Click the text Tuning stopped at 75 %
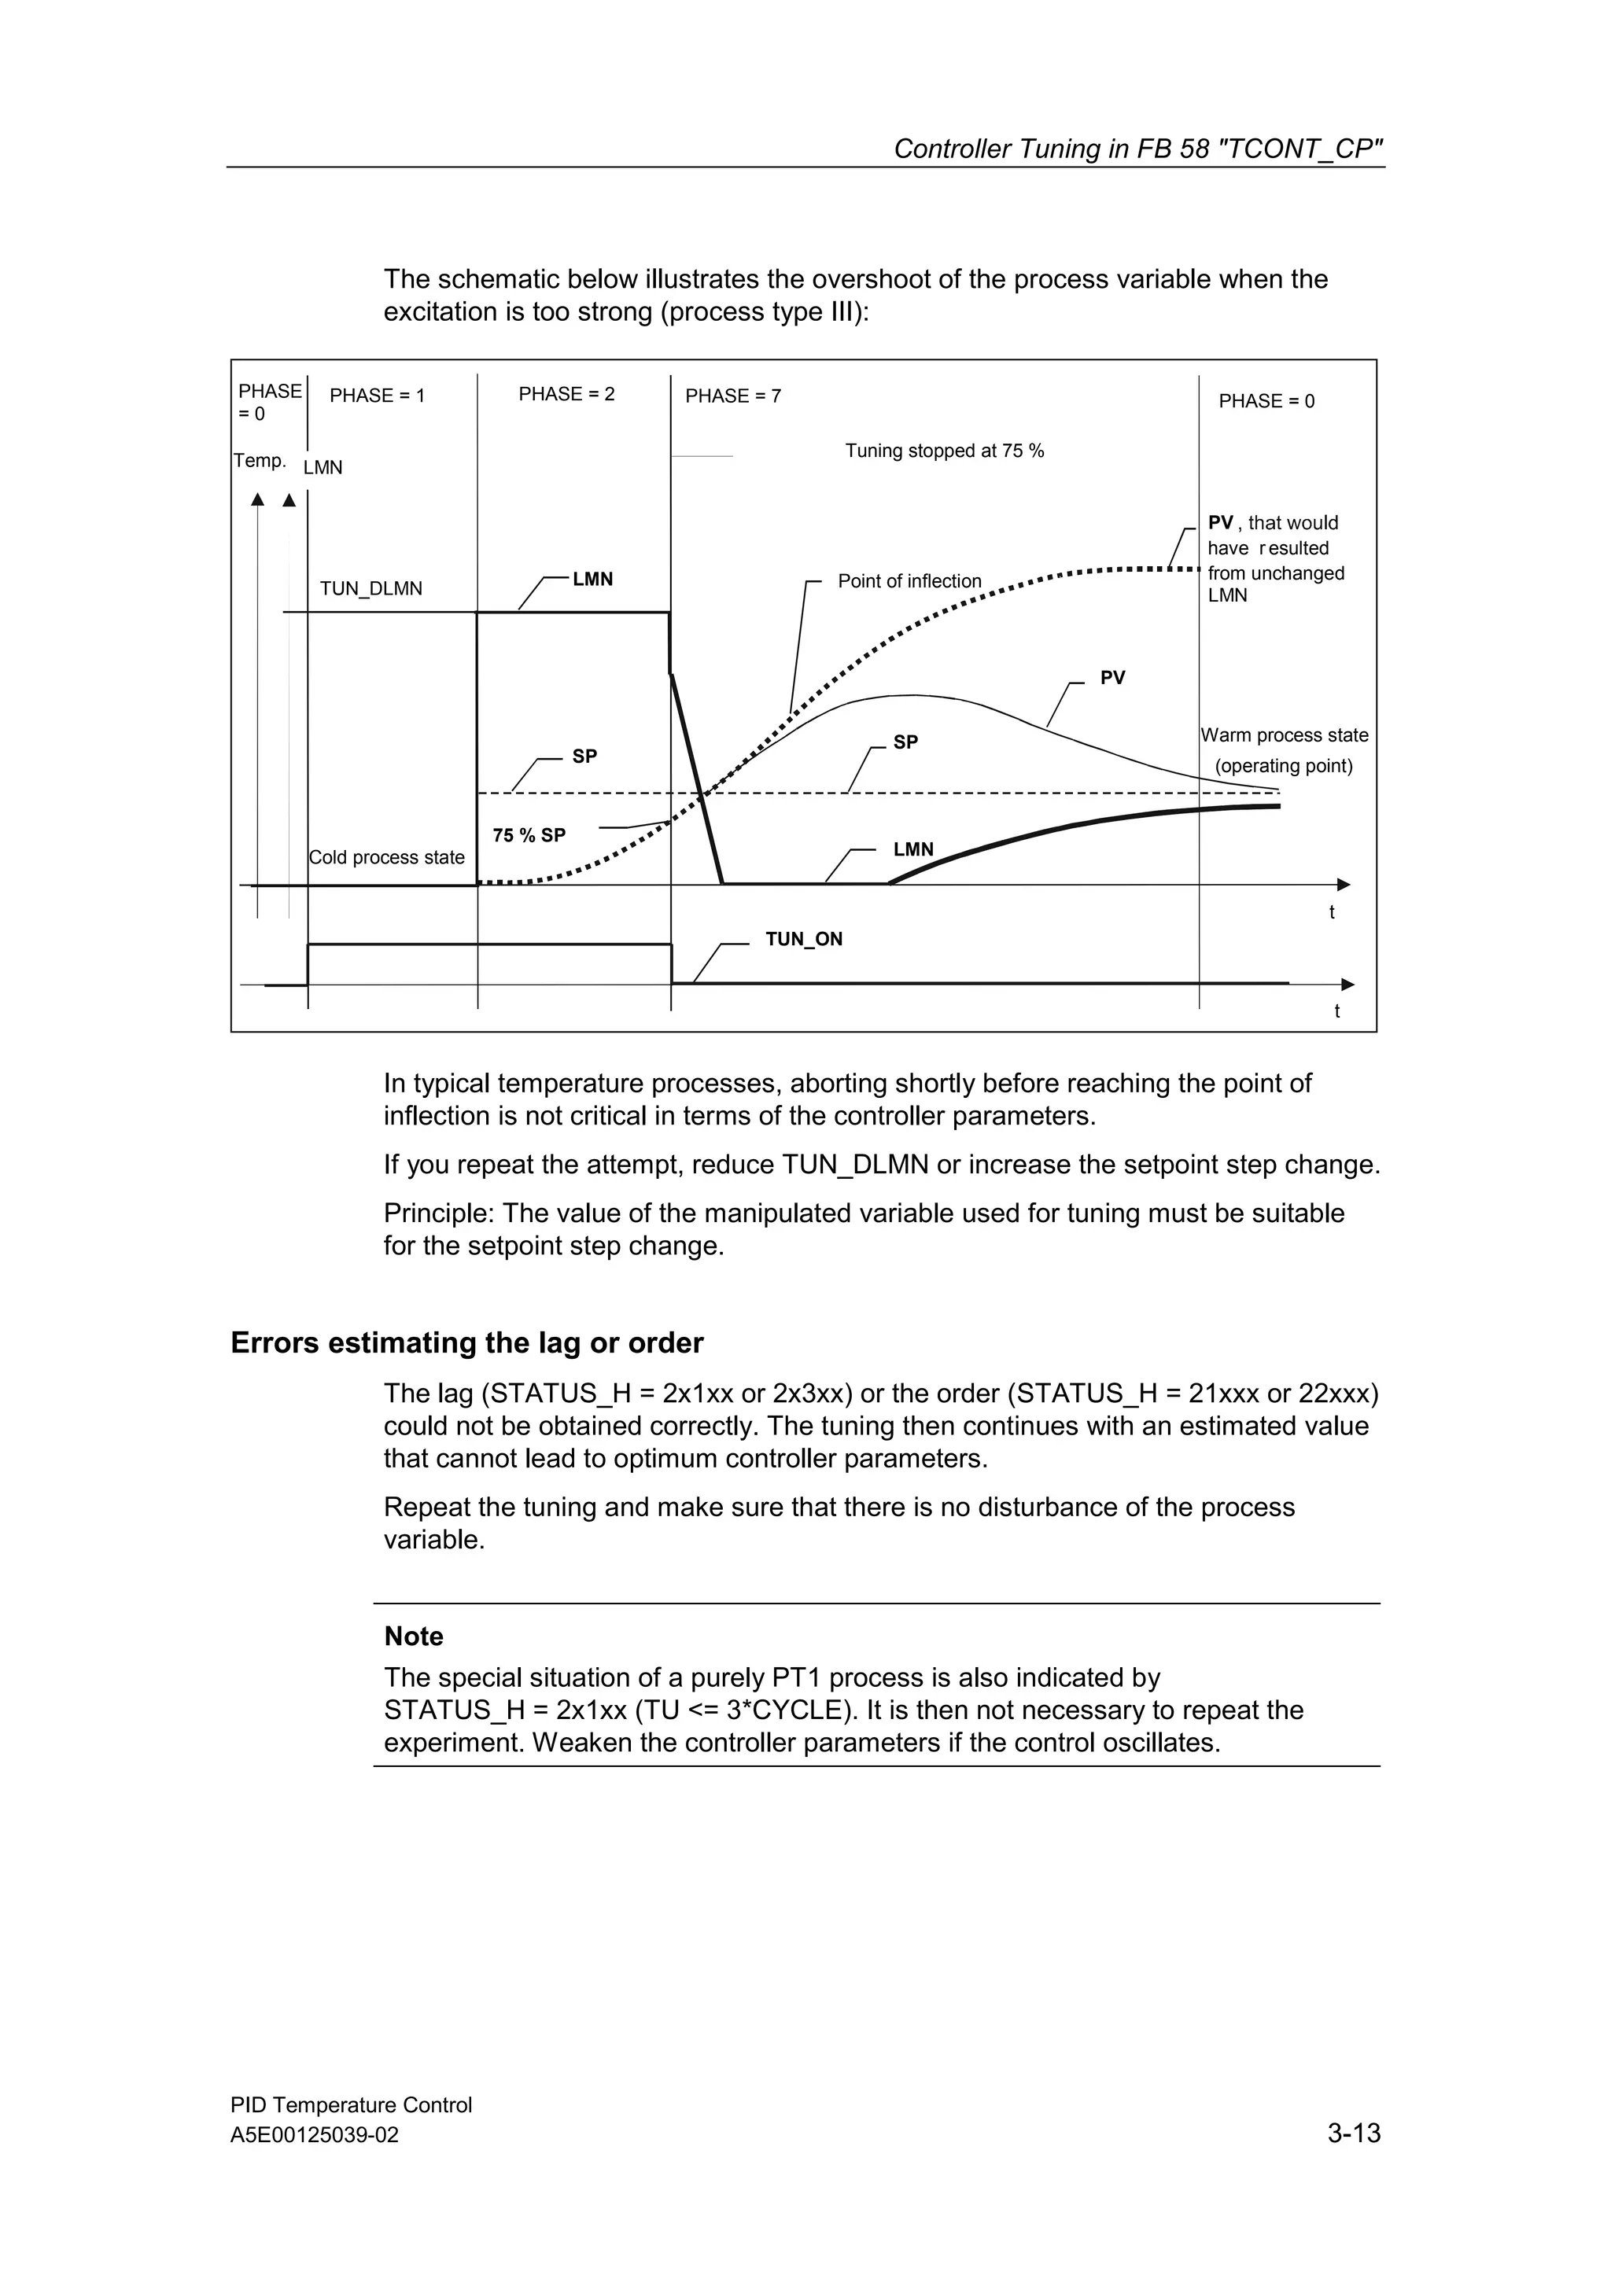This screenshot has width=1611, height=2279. tap(944, 451)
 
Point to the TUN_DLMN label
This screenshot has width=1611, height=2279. tap(370, 588)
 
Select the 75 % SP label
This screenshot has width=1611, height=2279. tap(529, 836)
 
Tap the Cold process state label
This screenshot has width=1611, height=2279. tap(386, 858)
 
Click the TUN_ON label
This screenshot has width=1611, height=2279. tap(803, 939)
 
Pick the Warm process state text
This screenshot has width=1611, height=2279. tap(1284, 735)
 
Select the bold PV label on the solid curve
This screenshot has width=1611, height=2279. tap(1111, 678)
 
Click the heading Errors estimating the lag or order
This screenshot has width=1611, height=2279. tap(466, 1343)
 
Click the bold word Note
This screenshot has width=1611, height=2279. tap(413, 1637)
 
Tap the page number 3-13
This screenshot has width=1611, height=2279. tap(1353, 2133)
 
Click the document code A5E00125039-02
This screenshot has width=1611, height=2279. tap(314, 2135)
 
